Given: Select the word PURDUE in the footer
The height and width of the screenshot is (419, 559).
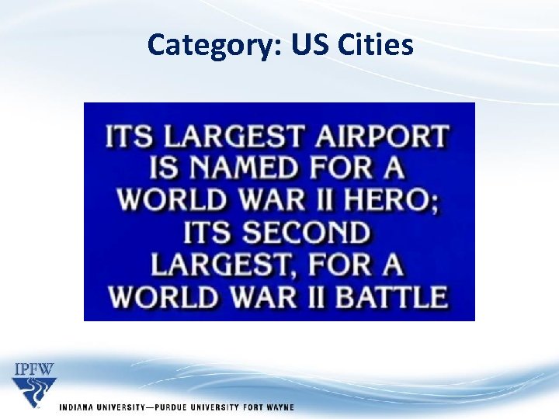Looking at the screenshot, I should click(177, 407).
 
